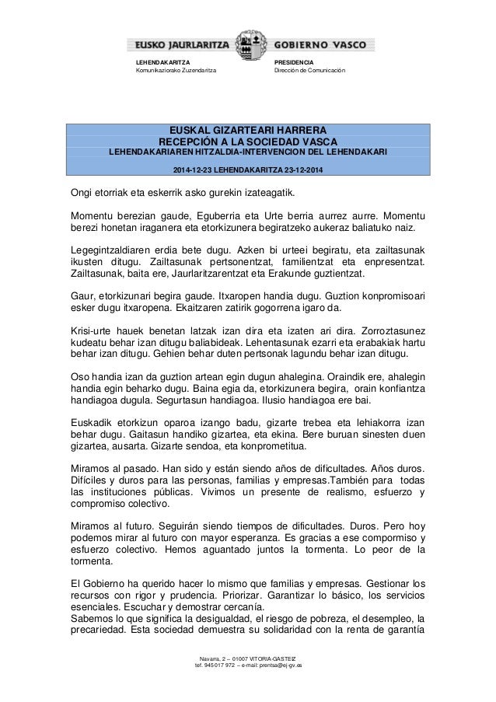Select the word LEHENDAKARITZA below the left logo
click(x=162, y=62)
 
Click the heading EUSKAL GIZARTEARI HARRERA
click(x=249, y=129)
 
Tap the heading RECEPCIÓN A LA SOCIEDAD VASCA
click(x=249, y=141)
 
